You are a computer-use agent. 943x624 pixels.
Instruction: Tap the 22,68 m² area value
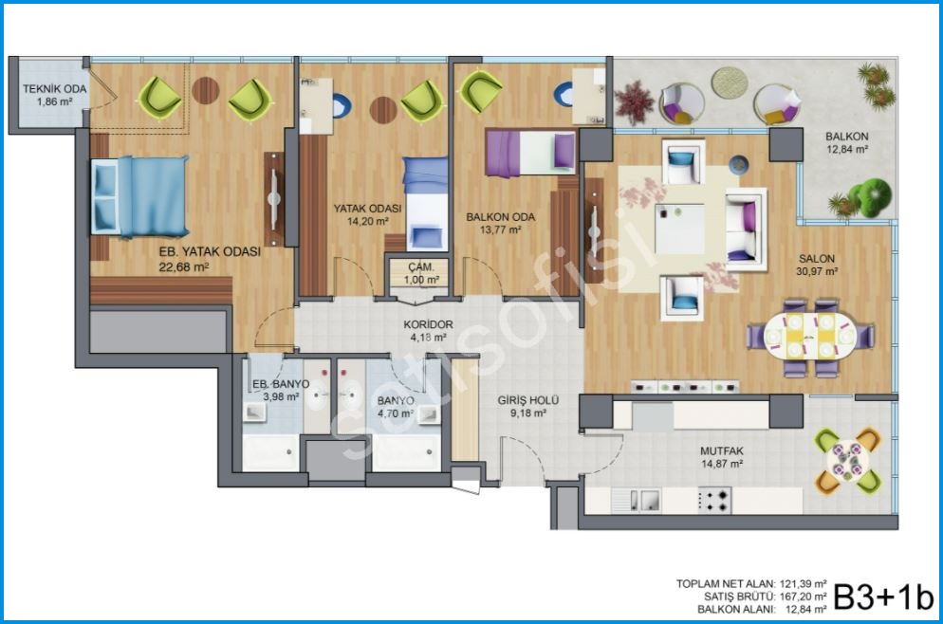[183, 266]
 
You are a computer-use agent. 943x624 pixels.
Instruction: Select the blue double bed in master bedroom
[139, 196]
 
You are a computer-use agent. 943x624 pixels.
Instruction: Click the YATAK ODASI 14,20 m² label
[367, 214]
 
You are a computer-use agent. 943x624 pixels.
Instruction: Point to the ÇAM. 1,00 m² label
[421, 273]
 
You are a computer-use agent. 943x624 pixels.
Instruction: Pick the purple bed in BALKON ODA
[529, 153]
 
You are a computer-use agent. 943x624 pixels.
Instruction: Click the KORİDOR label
[428, 324]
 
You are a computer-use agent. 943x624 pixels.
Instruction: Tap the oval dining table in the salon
[810, 338]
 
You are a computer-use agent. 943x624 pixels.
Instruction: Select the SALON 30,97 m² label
[817, 265]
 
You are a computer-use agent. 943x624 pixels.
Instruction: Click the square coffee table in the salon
[679, 229]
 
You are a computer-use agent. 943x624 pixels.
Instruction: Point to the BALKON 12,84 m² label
[847, 142]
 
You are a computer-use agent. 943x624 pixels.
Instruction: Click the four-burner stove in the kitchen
[714, 500]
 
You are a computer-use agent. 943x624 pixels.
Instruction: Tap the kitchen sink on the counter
[644, 500]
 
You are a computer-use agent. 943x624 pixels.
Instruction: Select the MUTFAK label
[722, 450]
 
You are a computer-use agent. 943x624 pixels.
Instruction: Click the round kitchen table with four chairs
[847, 461]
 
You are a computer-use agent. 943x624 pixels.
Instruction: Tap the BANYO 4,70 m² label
[395, 407]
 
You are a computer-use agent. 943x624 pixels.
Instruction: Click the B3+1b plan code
[883, 596]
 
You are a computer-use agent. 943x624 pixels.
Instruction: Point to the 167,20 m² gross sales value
[803, 596]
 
